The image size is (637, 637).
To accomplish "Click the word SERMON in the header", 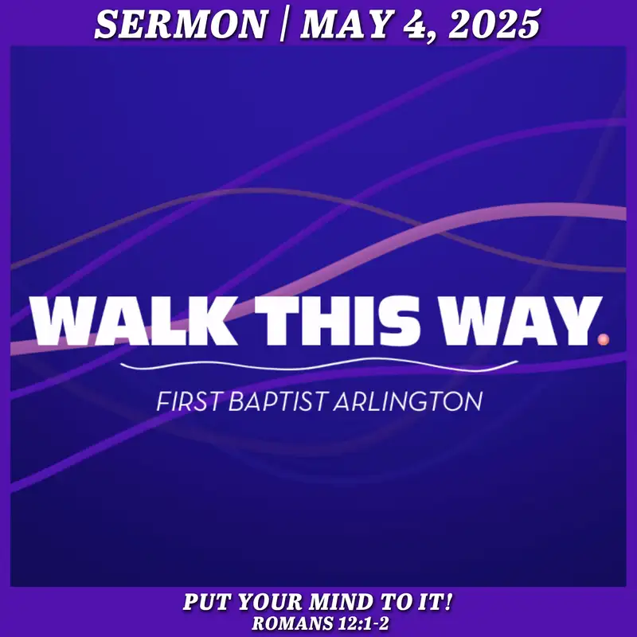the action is coord(182,25).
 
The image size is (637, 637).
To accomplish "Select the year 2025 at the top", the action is coord(494,25).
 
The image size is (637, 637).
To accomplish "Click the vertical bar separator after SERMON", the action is coord(283,25).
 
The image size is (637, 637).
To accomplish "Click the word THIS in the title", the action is coord(336,321).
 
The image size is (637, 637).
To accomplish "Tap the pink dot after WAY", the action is coord(604,339).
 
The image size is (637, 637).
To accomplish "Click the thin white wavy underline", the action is coord(319,365).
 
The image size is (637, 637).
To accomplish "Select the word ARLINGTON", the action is coord(408,401).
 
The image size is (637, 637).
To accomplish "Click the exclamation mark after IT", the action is coord(448,602).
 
